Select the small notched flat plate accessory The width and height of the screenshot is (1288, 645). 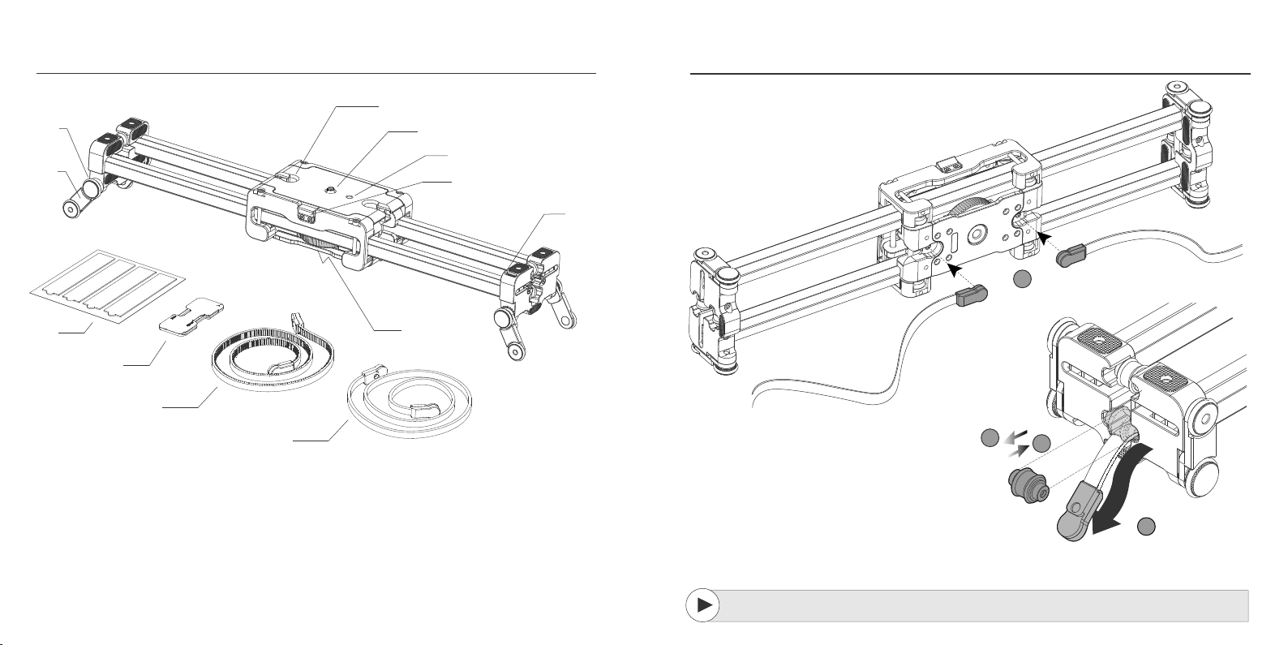pos(191,317)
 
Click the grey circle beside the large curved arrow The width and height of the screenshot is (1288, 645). pos(1145,527)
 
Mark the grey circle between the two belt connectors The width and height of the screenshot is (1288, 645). pos(1023,279)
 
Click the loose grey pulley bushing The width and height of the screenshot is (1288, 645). pos(1025,484)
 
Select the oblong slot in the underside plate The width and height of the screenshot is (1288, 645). pos(955,244)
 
